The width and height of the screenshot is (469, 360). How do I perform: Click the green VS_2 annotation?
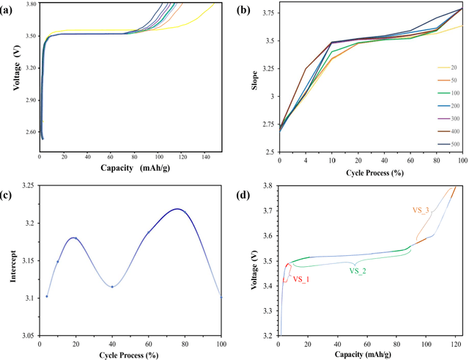point(358,271)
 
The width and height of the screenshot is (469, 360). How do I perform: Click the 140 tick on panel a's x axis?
point(207,156)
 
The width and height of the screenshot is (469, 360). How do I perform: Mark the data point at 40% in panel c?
point(112,286)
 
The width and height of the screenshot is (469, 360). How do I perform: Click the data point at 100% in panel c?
point(221,296)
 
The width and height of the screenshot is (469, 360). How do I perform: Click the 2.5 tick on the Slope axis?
point(267,151)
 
